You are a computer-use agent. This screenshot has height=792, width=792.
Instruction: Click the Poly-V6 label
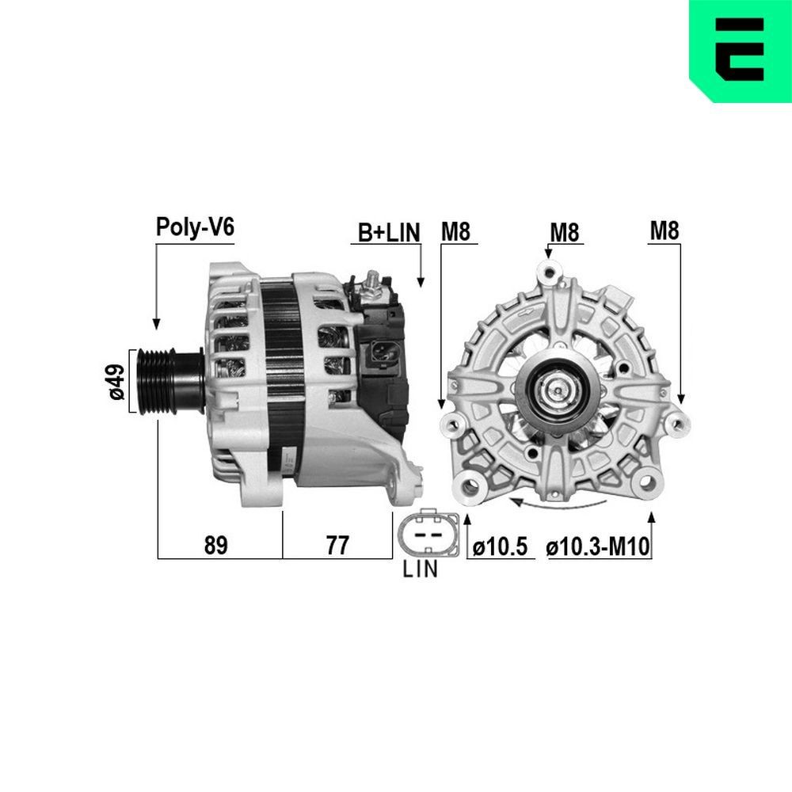(x=195, y=227)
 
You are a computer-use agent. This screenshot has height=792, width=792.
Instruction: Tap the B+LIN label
(x=389, y=232)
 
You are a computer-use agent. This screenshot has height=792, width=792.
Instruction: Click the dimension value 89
(x=215, y=545)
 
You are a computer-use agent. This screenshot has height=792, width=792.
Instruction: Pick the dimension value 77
(x=337, y=545)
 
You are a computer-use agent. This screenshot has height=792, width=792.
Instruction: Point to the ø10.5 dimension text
(x=500, y=546)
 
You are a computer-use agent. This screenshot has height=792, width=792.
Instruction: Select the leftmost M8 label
(x=456, y=231)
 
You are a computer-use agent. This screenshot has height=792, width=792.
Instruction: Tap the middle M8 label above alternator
(x=565, y=232)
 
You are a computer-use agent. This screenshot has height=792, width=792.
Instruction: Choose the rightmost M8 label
(x=664, y=231)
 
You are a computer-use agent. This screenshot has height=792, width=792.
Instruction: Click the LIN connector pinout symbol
(x=428, y=535)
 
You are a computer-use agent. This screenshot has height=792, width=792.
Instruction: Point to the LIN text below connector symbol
(x=420, y=569)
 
